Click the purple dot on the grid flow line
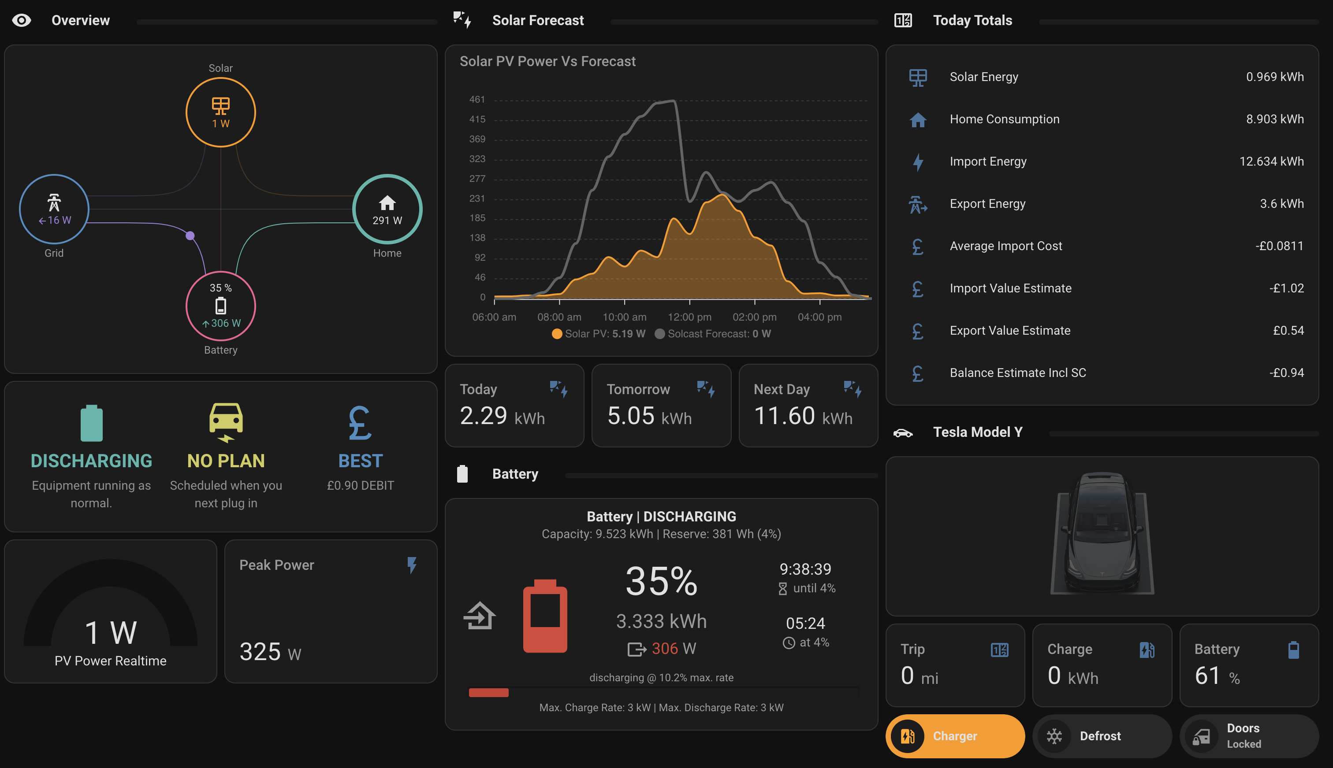(x=190, y=235)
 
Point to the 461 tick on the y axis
(x=477, y=99)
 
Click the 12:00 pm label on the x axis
(x=689, y=317)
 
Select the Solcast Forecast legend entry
(x=713, y=334)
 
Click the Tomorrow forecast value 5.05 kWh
(x=649, y=416)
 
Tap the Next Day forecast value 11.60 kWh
(x=803, y=416)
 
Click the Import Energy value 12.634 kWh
(x=1271, y=162)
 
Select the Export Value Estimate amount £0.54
(x=1288, y=331)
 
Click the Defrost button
(x=1102, y=736)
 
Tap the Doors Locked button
(x=1249, y=736)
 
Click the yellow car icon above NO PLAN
(x=226, y=422)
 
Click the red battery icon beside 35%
(x=545, y=616)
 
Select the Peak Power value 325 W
(x=270, y=652)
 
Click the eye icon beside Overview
(x=22, y=21)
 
